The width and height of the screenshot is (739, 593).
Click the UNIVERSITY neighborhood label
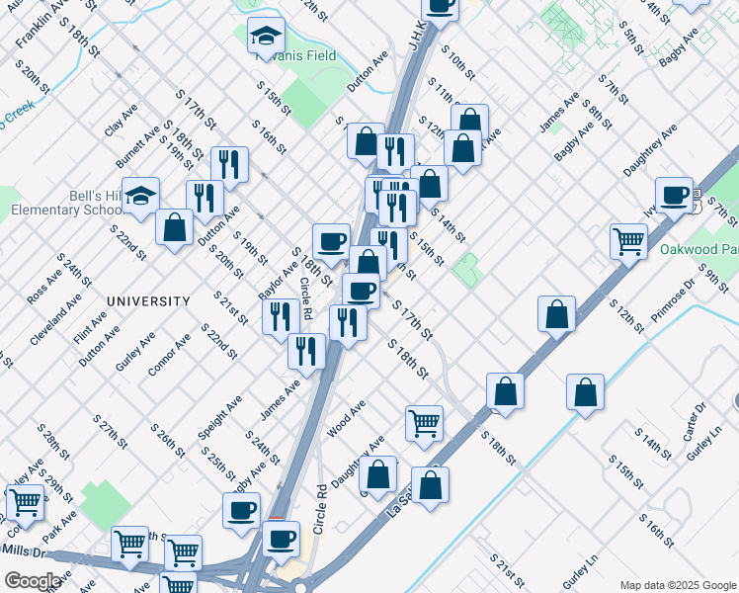148,300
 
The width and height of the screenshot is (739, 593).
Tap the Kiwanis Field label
295,55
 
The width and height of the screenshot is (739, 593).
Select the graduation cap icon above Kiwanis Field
265,37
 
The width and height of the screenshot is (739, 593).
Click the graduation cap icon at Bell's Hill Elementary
141,195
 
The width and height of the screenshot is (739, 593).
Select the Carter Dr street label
696,417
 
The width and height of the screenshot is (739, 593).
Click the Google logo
33,581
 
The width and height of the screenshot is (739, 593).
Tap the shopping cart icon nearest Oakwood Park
628,240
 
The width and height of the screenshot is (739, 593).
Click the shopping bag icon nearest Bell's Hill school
175,226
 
